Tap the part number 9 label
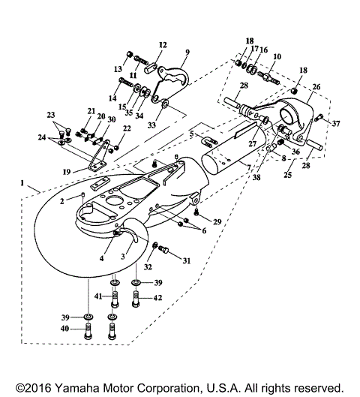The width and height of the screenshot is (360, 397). [x=187, y=53]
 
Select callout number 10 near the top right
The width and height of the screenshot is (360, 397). [x=277, y=57]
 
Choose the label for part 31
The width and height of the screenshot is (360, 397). [x=187, y=260]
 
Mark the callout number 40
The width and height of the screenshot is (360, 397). [x=66, y=328]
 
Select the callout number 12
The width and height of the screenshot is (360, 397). [x=163, y=46]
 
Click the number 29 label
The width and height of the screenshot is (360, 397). [x=217, y=223]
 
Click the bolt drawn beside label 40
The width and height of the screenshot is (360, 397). [x=87, y=328]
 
